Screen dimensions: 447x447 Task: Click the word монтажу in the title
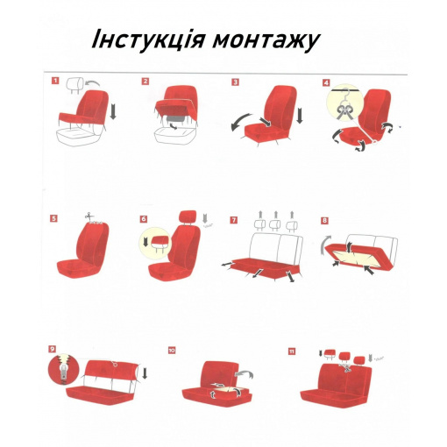pos(266,42)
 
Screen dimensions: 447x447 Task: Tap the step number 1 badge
pos(55,81)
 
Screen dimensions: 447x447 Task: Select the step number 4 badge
pos(326,82)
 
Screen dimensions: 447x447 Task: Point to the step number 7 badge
pos(233,220)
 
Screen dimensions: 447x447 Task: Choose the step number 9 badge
pos(52,349)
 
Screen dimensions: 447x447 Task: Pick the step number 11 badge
pos(292,351)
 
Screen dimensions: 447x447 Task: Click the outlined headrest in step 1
pos(74,85)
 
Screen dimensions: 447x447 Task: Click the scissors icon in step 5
pos(89,216)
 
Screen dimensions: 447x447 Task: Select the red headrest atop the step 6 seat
pos(188,216)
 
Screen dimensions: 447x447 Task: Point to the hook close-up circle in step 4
pos(345,104)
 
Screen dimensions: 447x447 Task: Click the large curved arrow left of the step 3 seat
pos(240,122)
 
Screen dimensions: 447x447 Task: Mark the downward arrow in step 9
pos(145,373)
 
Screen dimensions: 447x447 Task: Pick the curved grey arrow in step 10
pos(245,374)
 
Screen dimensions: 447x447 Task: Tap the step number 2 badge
pos(145,82)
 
